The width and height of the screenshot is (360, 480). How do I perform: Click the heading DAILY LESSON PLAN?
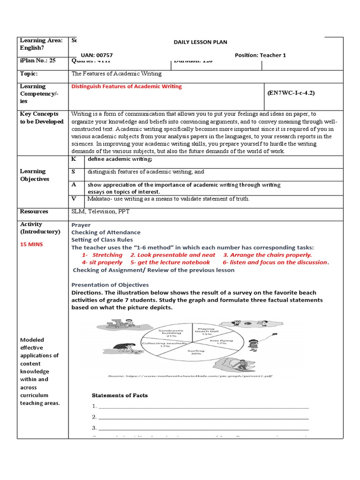[200, 42]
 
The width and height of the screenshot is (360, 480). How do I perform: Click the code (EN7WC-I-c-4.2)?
[291, 93]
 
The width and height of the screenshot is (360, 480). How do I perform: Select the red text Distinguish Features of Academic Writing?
[127, 86]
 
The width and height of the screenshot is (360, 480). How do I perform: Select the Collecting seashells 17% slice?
[159, 345]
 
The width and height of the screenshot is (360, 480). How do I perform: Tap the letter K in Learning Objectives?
[74, 159]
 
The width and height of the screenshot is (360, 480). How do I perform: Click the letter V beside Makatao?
[74, 199]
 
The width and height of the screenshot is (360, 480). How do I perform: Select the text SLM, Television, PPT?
[100, 211]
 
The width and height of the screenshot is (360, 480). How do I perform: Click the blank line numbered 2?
[203, 417]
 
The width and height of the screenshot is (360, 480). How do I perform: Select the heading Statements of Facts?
[120, 395]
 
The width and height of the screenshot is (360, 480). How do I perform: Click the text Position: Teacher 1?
[260, 55]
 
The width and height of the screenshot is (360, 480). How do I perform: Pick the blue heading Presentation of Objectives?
[110, 285]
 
